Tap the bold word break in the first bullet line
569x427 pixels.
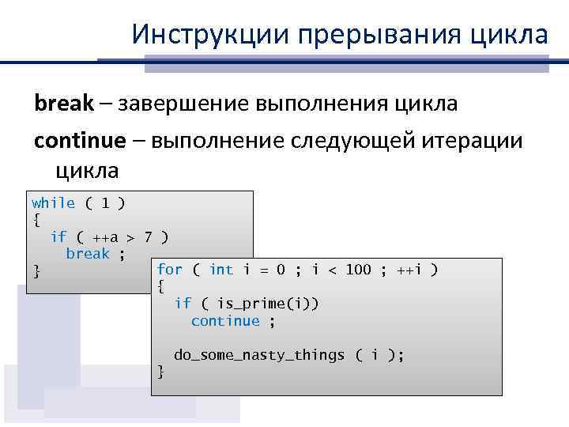click(63, 103)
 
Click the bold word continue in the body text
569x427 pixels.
click(79, 140)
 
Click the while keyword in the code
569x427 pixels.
click(54, 203)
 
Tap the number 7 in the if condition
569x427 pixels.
click(148, 236)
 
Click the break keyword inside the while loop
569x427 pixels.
click(88, 253)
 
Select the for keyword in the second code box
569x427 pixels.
click(170, 270)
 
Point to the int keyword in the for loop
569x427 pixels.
click(220, 270)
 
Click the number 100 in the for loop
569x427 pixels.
click(357, 270)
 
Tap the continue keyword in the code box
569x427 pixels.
click(225, 320)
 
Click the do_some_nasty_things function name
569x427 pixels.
click(259, 354)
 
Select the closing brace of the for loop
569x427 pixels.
click(161, 371)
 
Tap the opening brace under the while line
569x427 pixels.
click(36, 220)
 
